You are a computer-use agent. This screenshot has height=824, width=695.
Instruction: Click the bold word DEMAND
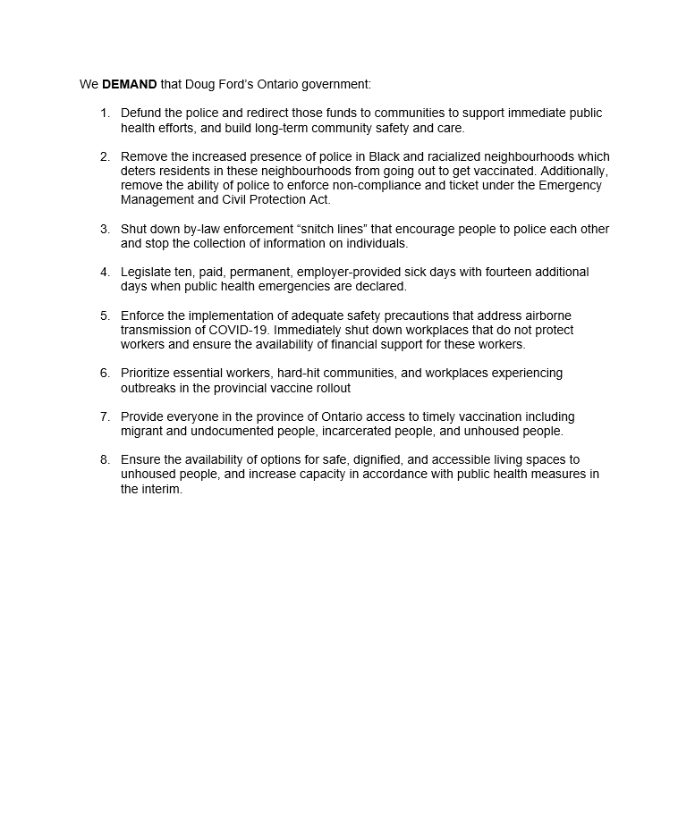130,85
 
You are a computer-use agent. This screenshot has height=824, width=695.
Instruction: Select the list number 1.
105,114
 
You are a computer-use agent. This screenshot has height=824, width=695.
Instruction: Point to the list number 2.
105,156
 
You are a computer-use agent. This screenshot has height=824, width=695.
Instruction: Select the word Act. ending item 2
319,199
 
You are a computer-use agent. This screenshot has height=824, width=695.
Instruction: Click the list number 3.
105,229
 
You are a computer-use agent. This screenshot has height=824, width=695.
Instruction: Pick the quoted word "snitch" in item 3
319,229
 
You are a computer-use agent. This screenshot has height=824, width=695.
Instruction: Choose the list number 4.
105,272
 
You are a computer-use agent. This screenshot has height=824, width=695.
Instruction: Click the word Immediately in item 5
309,330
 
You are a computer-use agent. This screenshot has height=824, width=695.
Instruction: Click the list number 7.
105,416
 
